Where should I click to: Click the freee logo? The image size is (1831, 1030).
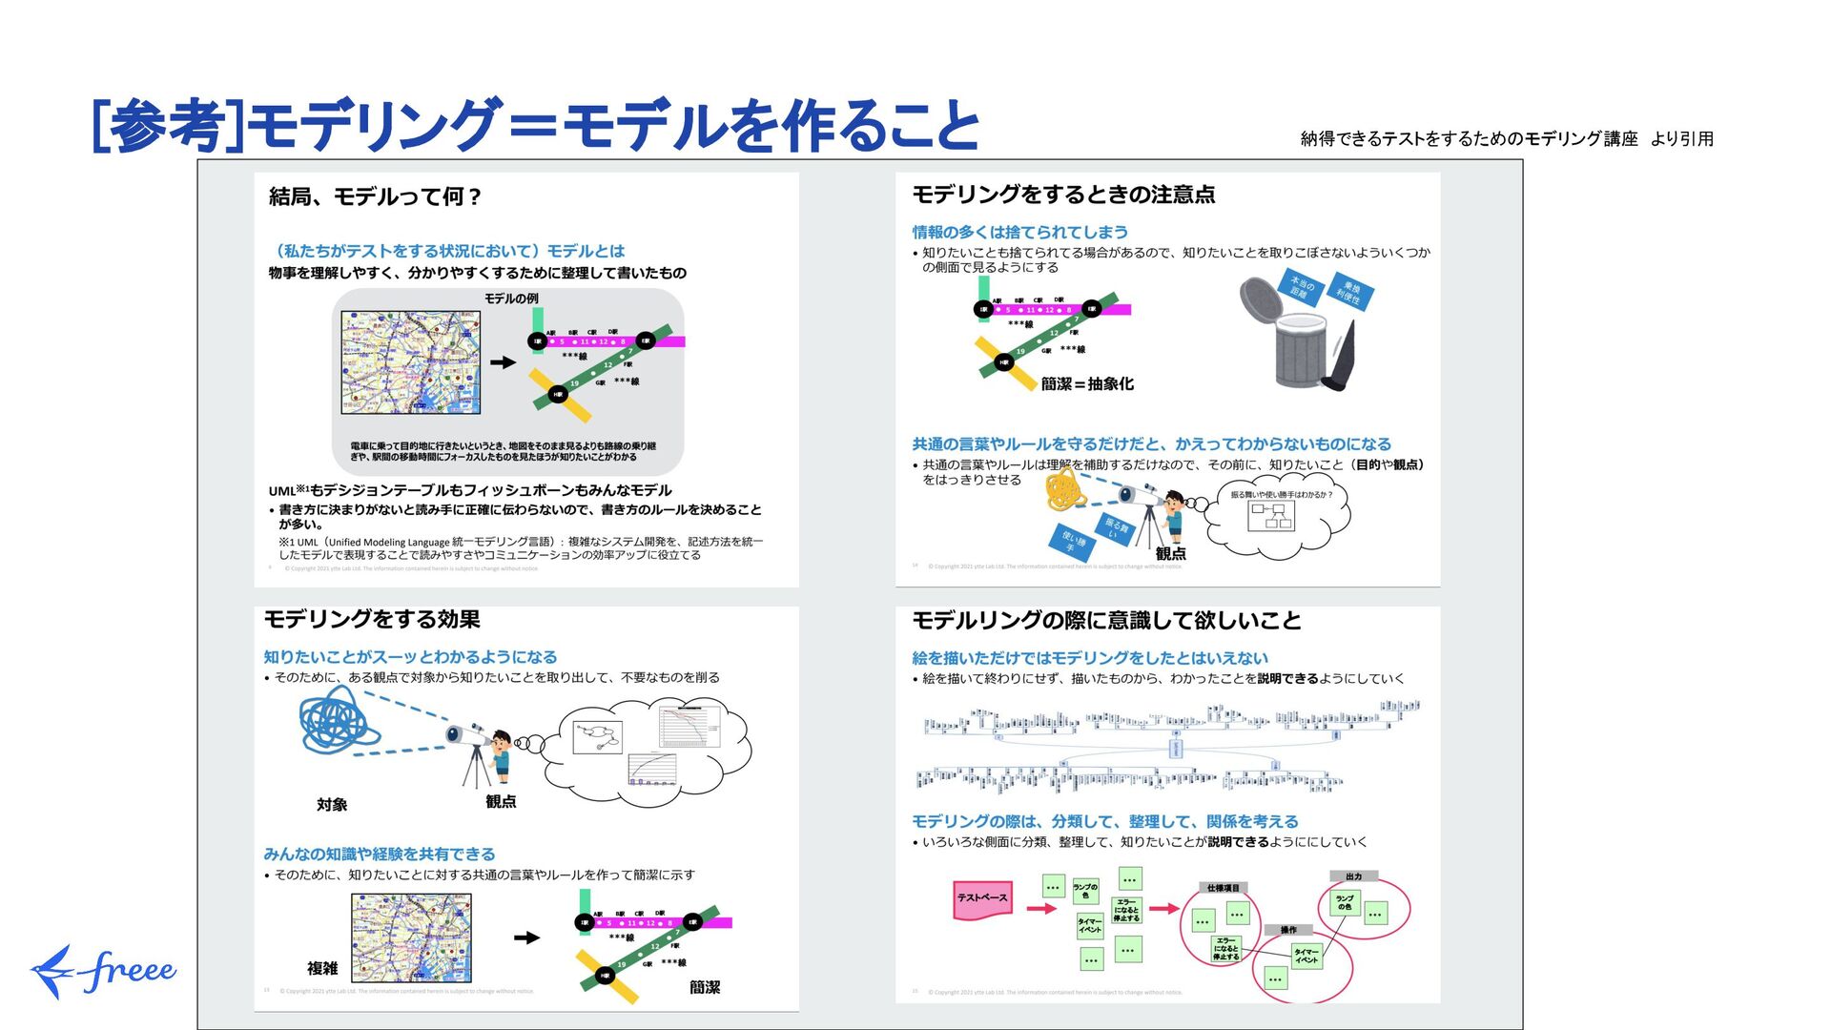[x=103, y=971]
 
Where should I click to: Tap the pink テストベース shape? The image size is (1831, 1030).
[x=981, y=898]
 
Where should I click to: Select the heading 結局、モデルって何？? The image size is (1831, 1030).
[x=376, y=197]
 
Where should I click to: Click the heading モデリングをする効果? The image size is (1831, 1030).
[x=372, y=620]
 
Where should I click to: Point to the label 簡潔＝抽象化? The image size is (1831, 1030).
[x=1087, y=384]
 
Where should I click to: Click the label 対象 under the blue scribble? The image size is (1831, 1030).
[x=332, y=805]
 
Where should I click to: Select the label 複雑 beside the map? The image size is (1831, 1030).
[x=322, y=969]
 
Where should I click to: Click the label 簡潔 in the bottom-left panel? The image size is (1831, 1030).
[x=705, y=988]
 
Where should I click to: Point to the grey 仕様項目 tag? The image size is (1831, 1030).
[x=1224, y=888]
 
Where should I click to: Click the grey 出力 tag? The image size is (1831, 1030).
[x=1353, y=875]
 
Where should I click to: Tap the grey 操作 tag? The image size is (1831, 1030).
[x=1287, y=930]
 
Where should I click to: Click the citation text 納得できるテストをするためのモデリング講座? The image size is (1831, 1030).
[x=1469, y=139]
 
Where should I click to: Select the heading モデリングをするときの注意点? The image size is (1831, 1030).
[x=1063, y=196]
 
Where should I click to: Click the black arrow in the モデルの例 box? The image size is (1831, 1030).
[x=503, y=362]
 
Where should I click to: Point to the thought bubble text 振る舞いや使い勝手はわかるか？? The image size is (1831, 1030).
[x=1281, y=495]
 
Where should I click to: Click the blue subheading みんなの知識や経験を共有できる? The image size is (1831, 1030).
[x=380, y=855]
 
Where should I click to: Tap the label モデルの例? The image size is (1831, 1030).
[x=511, y=299]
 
